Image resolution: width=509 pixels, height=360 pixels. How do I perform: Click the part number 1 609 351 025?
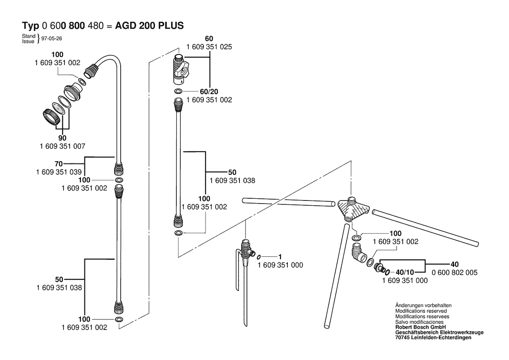[209, 47]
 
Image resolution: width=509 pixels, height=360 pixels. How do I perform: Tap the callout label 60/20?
[209, 92]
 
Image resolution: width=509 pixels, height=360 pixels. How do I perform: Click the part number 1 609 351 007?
[62, 146]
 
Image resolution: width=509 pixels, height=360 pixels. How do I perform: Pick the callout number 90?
[62, 138]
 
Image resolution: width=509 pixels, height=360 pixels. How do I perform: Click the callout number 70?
[58, 164]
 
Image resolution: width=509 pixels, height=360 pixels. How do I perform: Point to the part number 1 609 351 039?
[59, 172]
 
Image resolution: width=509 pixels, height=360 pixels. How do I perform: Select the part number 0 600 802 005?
[455, 272]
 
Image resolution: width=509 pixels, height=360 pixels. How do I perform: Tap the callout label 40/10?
[405, 272]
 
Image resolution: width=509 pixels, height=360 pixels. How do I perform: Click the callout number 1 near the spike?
[280, 257]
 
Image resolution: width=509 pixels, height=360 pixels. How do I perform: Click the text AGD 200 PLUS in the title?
[149, 26]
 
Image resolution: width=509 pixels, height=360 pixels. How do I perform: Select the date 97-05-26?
[52, 38]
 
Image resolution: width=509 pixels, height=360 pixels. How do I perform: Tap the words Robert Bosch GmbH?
[420, 327]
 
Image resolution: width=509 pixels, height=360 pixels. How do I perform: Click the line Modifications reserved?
[421, 311]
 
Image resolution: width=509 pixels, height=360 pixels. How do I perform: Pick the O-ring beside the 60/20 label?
[179, 91]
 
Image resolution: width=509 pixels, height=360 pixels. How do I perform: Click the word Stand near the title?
[29, 36]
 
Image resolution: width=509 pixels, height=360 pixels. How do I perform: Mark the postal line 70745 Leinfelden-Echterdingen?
[433, 338]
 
